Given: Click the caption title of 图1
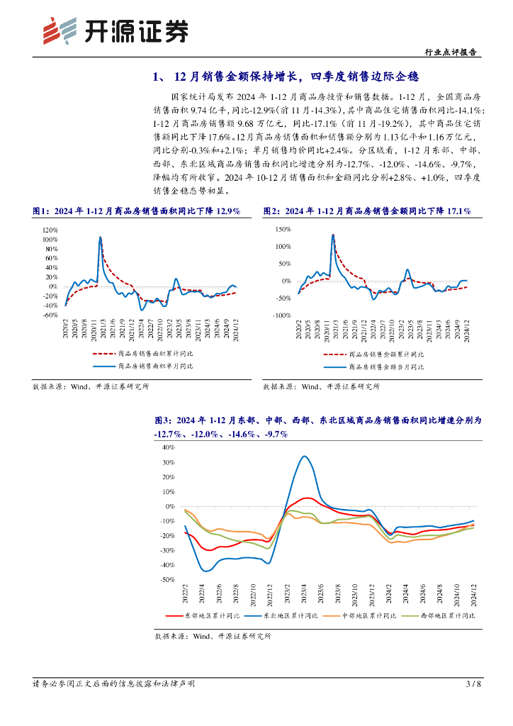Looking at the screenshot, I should (137, 211).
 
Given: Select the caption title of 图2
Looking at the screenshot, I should (367, 211).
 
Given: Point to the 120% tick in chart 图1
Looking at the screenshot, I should (50, 230).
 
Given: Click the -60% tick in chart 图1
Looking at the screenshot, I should (50, 315).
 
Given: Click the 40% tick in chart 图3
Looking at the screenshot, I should (169, 447).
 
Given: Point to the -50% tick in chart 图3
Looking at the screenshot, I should (167, 580).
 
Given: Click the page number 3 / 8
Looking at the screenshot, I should (474, 684).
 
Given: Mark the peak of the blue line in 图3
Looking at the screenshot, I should (305, 456).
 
